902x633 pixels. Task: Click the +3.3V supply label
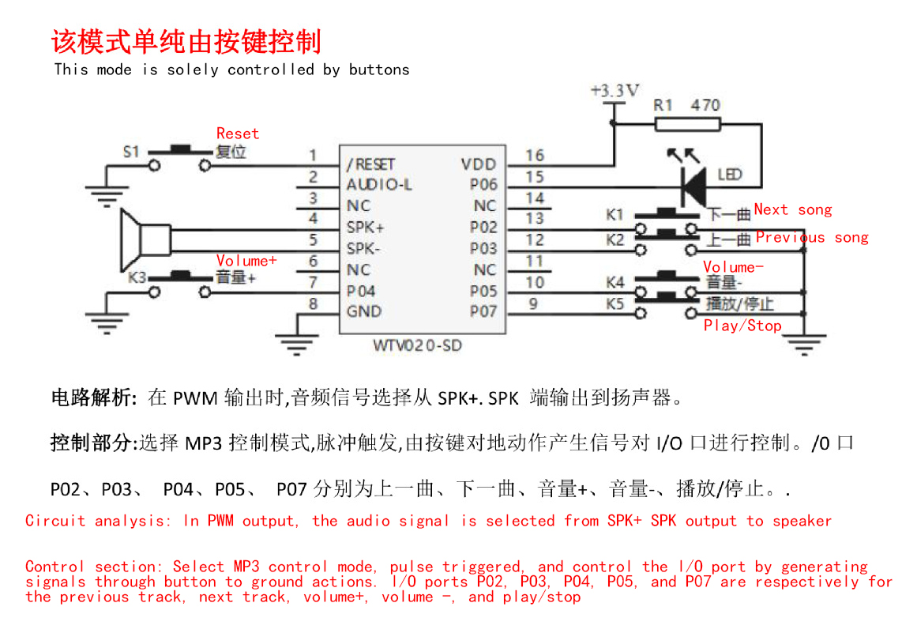[x=614, y=90]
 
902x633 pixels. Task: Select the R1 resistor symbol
[x=687, y=123]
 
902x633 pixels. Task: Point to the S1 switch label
[x=132, y=151]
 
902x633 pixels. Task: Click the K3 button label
[x=137, y=277]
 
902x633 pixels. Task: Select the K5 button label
[x=615, y=303]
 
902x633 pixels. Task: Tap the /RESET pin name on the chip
[x=370, y=164]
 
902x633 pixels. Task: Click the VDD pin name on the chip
[x=479, y=164]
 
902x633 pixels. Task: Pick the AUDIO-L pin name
[x=379, y=185]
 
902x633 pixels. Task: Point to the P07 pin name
[x=483, y=311]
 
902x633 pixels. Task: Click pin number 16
[x=535, y=156]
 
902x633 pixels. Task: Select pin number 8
[x=313, y=303]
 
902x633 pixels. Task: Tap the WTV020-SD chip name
[x=418, y=346]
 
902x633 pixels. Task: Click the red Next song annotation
[x=792, y=209]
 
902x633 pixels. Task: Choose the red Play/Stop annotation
[x=742, y=326]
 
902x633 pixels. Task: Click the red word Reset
[x=238, y=134]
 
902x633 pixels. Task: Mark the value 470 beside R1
[x=705, y=104]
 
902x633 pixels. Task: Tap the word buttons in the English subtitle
[x=379, y=70]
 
